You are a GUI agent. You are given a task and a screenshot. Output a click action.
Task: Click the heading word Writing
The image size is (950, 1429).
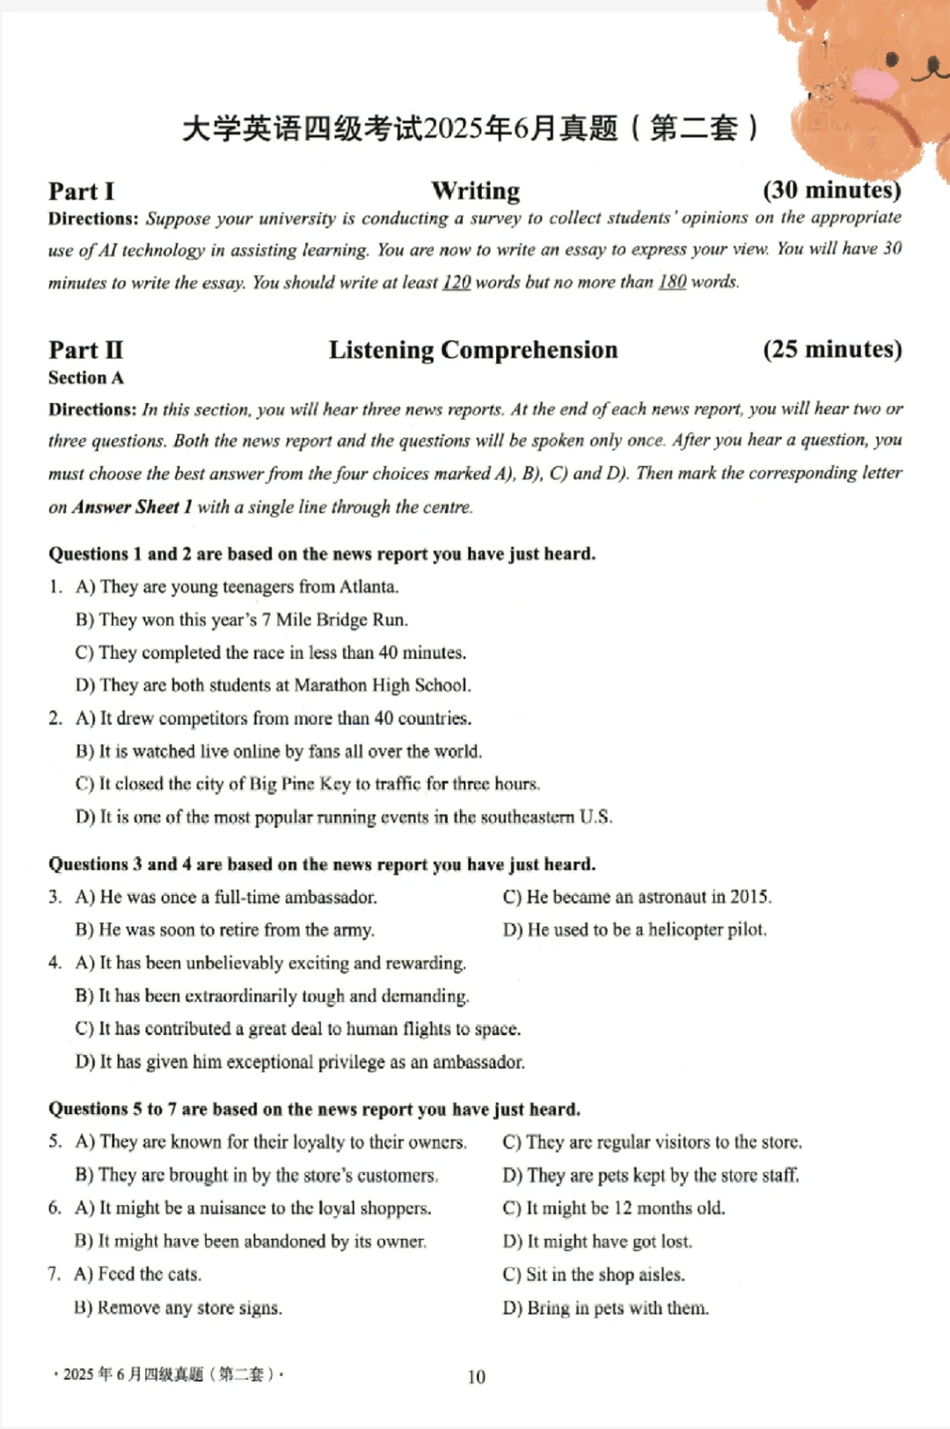point(475,191)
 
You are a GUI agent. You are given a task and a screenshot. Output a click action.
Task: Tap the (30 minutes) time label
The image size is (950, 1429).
point(831,190)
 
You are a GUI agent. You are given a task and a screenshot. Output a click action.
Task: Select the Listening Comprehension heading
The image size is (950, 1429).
point(473,350)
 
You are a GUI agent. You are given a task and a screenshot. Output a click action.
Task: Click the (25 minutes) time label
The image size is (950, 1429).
point(832,349)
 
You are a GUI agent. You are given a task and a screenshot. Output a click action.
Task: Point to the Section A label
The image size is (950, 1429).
point(86,378)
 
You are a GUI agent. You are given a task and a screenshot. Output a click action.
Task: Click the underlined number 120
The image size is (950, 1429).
point(457,282)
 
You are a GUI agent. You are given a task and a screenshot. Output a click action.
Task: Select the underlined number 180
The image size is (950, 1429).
point(672,282)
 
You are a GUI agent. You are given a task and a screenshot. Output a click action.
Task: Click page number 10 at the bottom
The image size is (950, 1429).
point(476,1376)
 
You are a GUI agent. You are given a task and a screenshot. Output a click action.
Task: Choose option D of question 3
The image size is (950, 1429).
point(634,930)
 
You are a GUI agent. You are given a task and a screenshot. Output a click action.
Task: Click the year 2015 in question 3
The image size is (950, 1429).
point(750,898)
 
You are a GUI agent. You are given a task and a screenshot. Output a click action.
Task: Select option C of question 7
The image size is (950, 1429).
point(594,1274)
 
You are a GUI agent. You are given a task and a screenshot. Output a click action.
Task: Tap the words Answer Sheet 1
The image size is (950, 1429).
point(132,507)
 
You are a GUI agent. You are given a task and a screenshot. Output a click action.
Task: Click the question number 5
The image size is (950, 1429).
point(55,1142)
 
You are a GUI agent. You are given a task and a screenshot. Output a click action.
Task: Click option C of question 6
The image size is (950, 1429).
point(614,1208)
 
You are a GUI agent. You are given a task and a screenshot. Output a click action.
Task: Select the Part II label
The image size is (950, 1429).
point(86,350)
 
